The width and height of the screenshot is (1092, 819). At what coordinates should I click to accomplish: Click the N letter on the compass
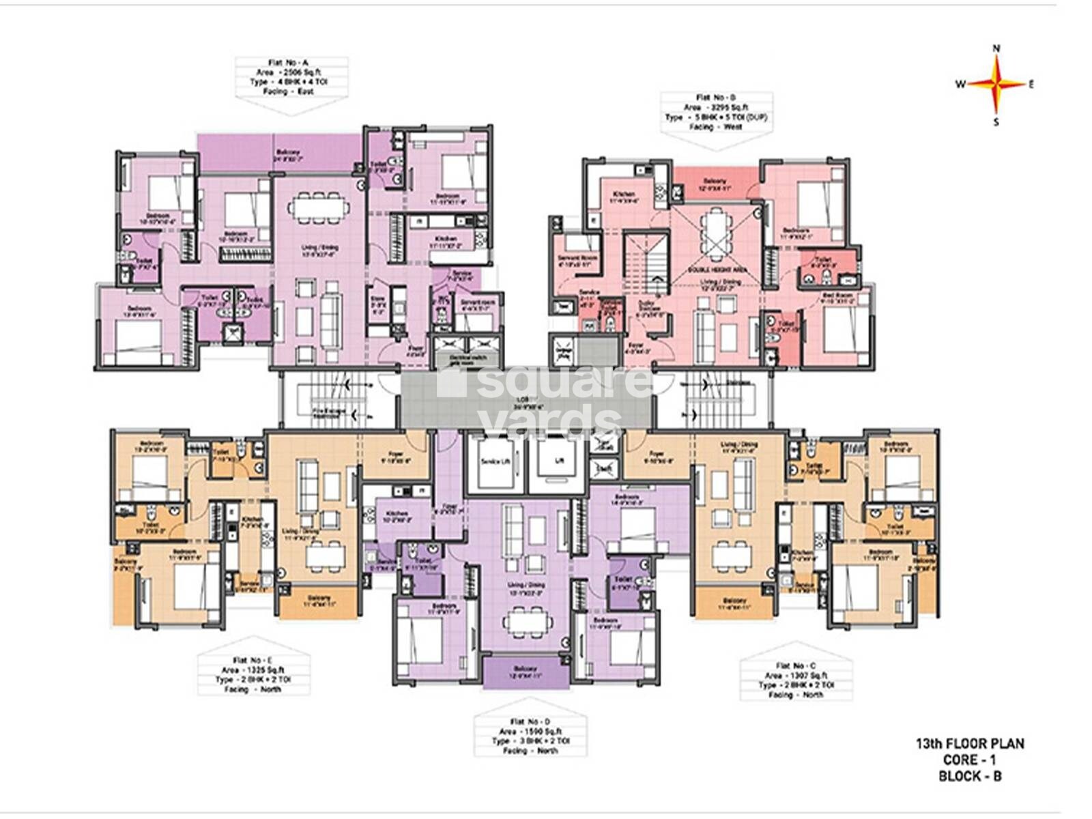point(996,48)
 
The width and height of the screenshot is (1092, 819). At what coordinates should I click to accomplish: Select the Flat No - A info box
point(292,76)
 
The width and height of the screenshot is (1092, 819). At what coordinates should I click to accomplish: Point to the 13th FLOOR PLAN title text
point(969,744)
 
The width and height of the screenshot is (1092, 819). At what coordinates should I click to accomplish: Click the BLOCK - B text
point(969,775)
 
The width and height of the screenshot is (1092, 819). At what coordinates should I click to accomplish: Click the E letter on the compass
point(1031,85)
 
